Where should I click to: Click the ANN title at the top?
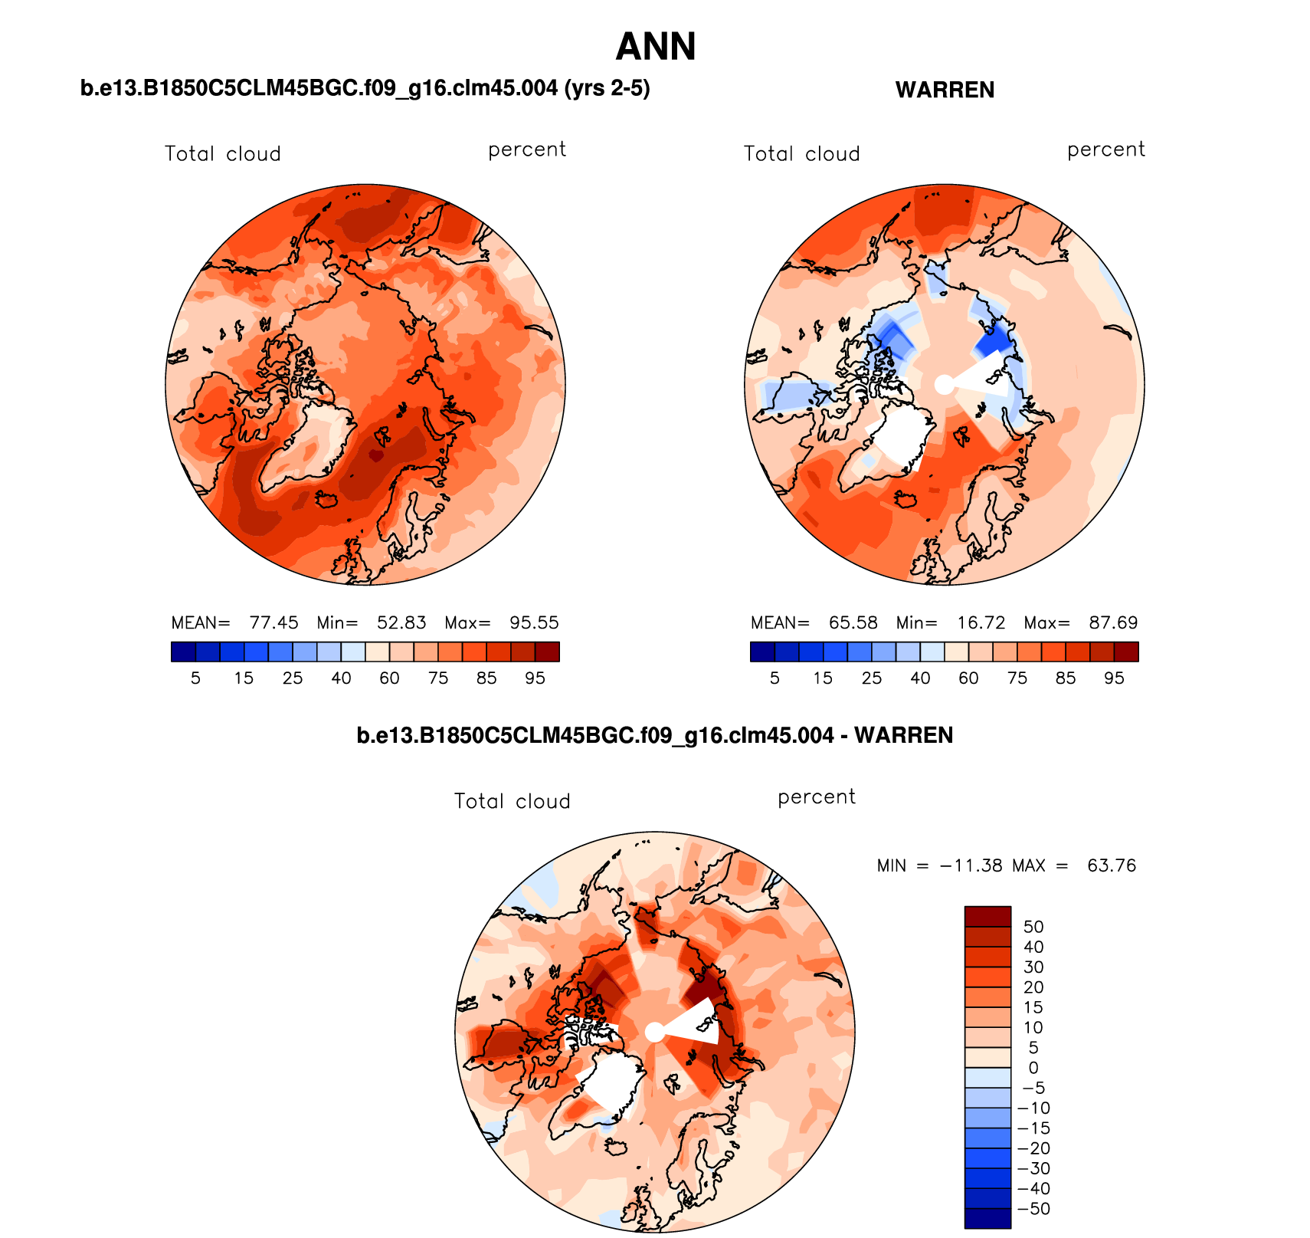[656, 48]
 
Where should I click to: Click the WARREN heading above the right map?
[945, 90]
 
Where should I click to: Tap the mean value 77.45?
[273, 622]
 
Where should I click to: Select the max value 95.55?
[534, 622]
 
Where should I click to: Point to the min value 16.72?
[981, 622]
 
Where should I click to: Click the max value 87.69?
[1113, 622]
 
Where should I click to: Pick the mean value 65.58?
[853, 622]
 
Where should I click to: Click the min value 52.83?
[401, 622]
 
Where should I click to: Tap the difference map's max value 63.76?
[1112, 865]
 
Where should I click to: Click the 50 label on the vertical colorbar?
[1033, 927]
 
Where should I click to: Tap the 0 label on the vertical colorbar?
[1033, 1068]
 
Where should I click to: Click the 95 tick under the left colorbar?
[535, 678]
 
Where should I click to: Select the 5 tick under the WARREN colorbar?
[775, 678]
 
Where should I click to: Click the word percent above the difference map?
[817, 797]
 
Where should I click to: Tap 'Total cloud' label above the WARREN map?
[801, 154]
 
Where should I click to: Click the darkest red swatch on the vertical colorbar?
[987, 916]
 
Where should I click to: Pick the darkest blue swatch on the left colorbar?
[184, 652]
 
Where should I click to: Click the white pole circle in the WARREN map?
[945, 385]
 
